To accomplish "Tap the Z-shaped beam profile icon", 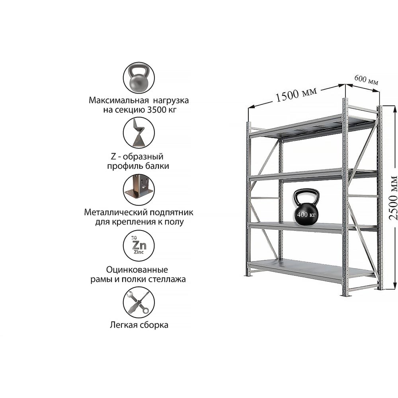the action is [139, 133].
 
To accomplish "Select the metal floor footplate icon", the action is [139, 189].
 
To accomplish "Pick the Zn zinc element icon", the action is [139, 246].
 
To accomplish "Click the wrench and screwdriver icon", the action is [139, 302].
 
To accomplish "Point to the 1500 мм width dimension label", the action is [296, 94].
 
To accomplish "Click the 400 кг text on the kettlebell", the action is [306, 215].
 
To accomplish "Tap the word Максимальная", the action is [119, 100].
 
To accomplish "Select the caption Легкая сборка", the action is [139, 325].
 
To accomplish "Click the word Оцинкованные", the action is [137, 269].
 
